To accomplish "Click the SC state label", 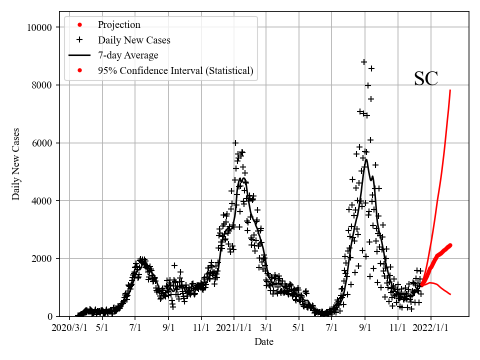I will (x=426, y=79).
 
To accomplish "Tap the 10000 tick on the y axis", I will (x=39, y=27).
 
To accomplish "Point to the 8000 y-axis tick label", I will (x=41, y=85).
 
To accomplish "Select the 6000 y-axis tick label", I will (x=41, y=143).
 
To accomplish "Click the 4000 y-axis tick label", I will (x=41, y=201).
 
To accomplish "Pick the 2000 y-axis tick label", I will (x=41, y=258).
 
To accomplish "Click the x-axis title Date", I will (x=263, y=342).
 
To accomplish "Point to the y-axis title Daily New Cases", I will (x=16, y=164).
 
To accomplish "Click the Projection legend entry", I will (x=119, y=25).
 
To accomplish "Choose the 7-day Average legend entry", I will (x=128, y=55).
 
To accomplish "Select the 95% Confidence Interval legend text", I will (x=175, y=71).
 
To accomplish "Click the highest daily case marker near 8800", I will (x=364, y=62).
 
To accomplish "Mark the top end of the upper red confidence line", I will (x=450, y=90).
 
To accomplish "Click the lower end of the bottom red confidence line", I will (x=450, y=294).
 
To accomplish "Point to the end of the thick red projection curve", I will (x=450, y=245).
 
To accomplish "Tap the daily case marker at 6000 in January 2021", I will (x=235, y=143).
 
